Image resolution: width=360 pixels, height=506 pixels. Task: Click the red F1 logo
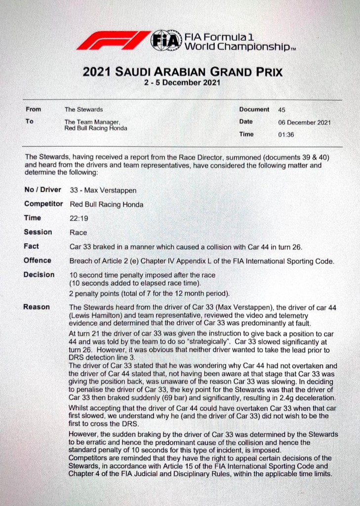(113, 40)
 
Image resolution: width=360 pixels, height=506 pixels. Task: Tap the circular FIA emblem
(166, 40)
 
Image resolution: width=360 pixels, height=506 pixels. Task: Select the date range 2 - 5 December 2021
(182, 83)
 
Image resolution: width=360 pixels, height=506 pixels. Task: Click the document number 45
(282, 110)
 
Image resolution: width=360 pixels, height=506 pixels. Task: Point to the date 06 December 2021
(305, 122)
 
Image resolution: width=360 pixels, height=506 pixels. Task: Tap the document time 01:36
(286, 134)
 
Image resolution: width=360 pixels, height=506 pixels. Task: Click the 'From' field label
(33, 110)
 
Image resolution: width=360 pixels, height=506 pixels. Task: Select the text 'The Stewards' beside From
(83, 110)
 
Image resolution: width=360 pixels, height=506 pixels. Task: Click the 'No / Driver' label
(42, 190)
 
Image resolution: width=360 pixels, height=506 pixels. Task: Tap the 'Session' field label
(38, 232)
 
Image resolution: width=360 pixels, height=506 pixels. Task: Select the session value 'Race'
(78, 232)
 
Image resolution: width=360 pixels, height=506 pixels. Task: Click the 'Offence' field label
(38, 260)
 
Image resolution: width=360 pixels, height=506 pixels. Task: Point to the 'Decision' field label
(39, 275)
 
